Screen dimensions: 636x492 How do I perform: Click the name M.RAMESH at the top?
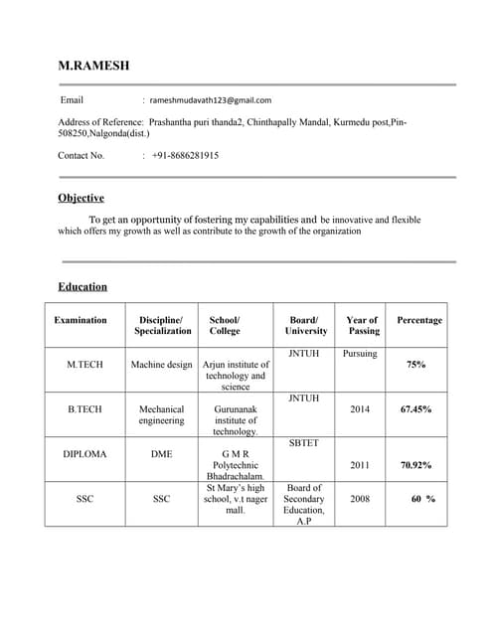click(93, 66)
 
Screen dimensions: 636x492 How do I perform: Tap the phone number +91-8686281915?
click(186, 156)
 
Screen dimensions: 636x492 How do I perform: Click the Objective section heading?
click(81, 198)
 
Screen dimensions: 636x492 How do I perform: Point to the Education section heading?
click(82, 287)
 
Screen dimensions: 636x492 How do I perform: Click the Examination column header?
click(80, 320)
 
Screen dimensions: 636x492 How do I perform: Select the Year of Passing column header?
click(363, 325)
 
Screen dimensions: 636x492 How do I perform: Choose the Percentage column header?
click(419, 320)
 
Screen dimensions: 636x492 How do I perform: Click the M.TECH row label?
click(84, 365)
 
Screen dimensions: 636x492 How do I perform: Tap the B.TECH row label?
click(84, 408)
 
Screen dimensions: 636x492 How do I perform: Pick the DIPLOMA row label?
click(84, 453)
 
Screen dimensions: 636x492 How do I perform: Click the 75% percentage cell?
click(416, 365)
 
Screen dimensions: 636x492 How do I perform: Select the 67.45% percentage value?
click(415, 408)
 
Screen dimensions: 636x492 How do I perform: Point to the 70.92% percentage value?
click(415, 464)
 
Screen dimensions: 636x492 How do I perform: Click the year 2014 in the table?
click(360, 408)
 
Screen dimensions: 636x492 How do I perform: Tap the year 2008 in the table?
click(360, 499)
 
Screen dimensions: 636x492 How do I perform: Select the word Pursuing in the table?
click(360, 354)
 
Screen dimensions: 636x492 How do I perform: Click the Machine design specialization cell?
click(162, 365)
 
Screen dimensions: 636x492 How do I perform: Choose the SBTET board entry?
click(304, 443)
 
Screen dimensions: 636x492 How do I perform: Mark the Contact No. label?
click(82, 156)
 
